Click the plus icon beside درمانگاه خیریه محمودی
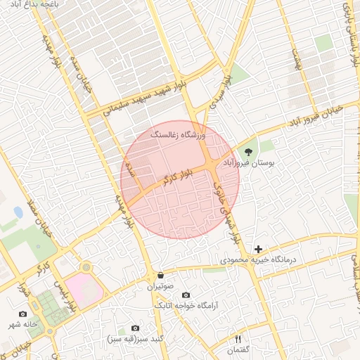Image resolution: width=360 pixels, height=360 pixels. (259, 249)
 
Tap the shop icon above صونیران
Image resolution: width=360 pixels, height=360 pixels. (160, 276)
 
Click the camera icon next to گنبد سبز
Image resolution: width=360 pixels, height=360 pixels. (136, 328)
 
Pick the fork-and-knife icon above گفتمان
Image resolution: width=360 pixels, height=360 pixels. (237, 340)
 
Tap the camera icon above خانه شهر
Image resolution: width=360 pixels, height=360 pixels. (22, 314)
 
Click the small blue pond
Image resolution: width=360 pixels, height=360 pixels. (18, 212)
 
